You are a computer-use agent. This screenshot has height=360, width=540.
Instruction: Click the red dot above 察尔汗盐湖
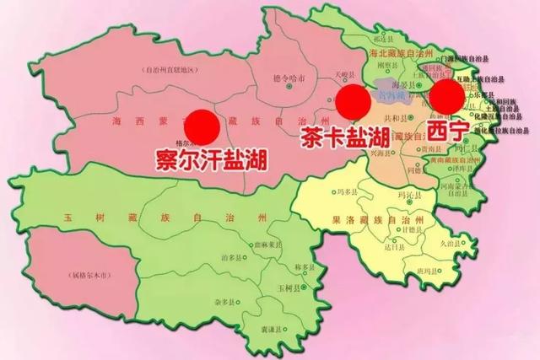[202, 126]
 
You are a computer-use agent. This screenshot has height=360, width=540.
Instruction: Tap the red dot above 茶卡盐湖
[352, 103]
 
